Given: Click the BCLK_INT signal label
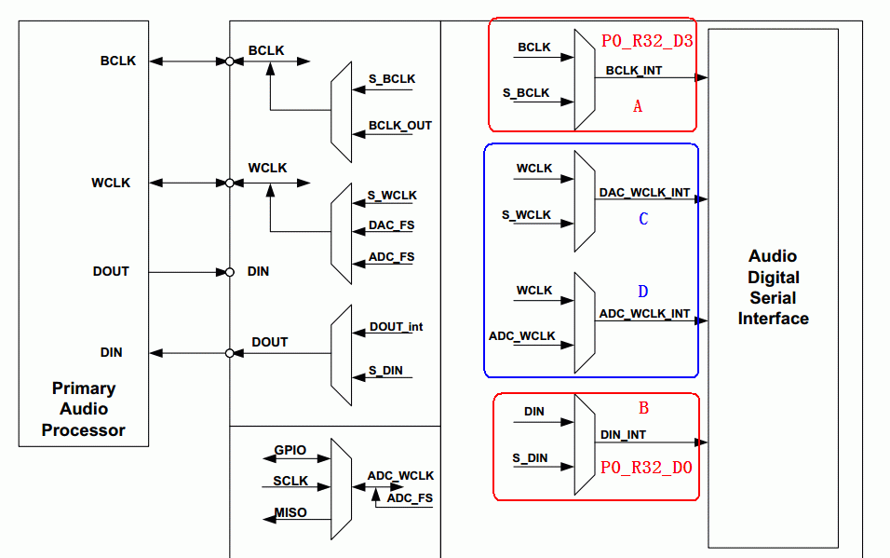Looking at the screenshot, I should (x=635, y=70).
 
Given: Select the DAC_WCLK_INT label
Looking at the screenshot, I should (x=644, y=193).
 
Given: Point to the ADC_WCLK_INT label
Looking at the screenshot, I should (x=644, y=314).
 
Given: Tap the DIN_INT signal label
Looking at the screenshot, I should (x=623, y=435).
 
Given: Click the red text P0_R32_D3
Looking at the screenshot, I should (x=647, y=41).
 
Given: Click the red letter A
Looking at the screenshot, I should (x=638, y=107).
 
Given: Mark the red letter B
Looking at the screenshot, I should (x=643, y=408).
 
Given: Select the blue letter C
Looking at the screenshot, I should (x=642, y=220).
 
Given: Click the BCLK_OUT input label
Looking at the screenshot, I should (x=400, y=126).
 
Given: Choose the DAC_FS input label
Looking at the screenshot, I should (x=391, y=225).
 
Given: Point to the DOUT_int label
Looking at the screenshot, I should (x=396, y=327).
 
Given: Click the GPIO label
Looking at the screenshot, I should (x=290, y=450).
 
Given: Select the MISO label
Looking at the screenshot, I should (x=290, y=513).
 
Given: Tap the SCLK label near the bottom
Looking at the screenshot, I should (x=290, y=482).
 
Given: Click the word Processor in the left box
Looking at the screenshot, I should (x=83, y=430).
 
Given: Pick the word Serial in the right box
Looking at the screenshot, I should (x=773, y=298).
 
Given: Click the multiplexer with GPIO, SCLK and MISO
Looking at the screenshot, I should (x=342, y=489).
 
